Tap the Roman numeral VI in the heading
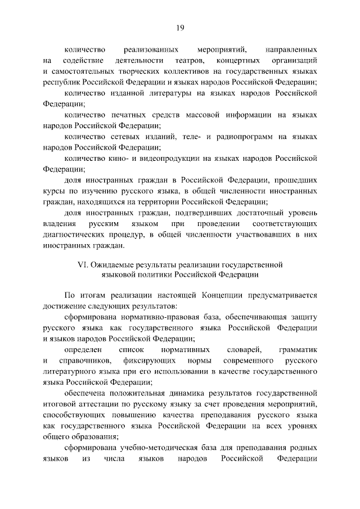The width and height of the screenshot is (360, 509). [82, 264]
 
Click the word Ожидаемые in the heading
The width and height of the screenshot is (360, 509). [111, 264]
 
